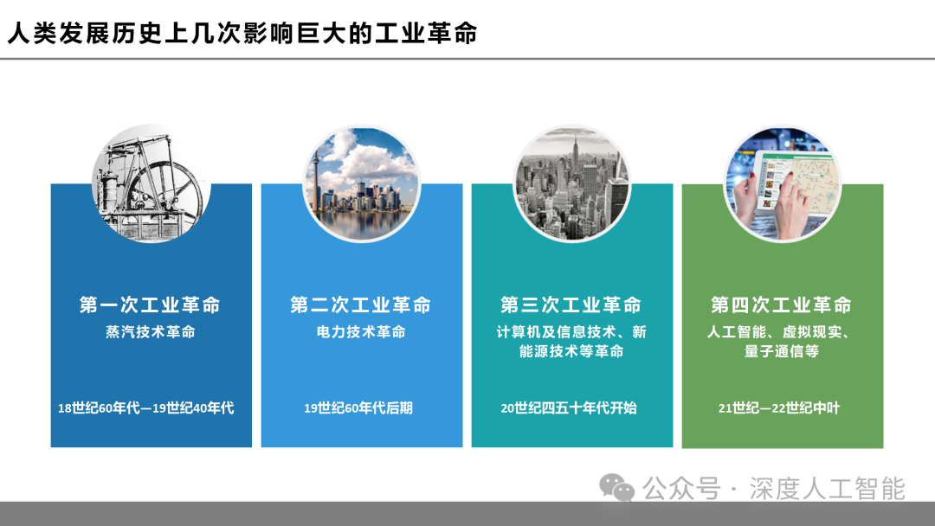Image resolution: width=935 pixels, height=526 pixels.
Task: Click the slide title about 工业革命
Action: coord(242,34)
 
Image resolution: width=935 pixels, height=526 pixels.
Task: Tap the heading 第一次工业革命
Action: coord(151,305)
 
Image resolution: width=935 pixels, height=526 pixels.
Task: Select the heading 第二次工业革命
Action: coord(361,305)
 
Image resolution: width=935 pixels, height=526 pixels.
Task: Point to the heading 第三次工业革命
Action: coord(571,305)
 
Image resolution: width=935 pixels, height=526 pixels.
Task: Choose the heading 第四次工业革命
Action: coord(782,305)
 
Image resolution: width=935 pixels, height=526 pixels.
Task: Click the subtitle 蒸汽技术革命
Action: coord(151,332)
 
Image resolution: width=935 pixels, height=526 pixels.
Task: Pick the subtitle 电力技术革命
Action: coord(361,332)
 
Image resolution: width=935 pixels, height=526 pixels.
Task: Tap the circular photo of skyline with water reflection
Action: coord(361,183)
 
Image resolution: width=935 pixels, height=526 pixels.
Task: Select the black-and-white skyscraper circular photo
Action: coord(571,183)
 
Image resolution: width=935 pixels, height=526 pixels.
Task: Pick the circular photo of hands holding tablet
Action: coord(782,183)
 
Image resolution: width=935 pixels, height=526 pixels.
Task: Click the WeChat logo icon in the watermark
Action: coord(618,488)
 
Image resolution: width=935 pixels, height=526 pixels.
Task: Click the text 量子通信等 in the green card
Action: coord(782,352)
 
